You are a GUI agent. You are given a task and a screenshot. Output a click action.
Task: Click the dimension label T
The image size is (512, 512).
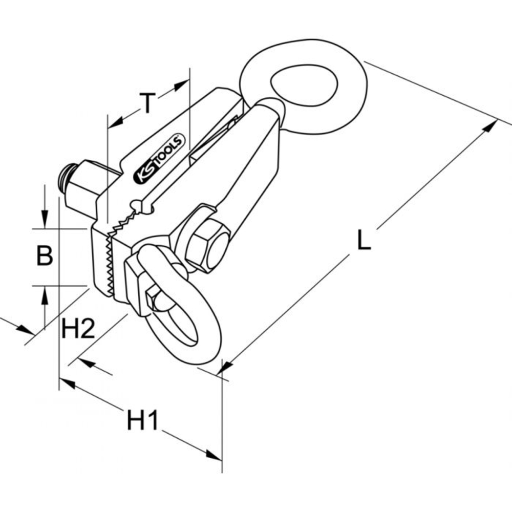(x=147, y=103)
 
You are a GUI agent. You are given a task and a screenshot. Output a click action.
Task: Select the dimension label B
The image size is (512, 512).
(x=45, y=255)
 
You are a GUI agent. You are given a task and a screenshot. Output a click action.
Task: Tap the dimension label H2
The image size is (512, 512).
(x=78, y=328)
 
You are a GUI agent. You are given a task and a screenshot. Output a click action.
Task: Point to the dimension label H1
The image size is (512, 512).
(x=143, y=420)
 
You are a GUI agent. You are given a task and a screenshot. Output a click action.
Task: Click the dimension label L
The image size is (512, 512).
(x=364, y=240)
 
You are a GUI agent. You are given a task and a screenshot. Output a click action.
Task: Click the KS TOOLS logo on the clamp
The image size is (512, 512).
(x=159, y=158)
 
